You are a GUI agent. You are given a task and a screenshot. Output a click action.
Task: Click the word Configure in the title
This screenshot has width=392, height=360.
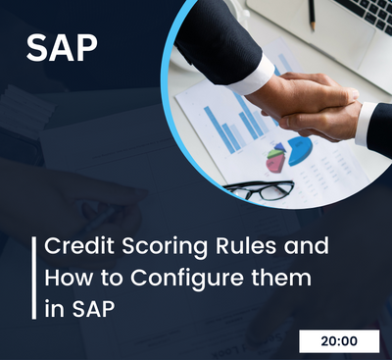[x=181, y=278]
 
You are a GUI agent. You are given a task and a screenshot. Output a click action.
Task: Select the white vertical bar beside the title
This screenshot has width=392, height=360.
[x=37, y=277]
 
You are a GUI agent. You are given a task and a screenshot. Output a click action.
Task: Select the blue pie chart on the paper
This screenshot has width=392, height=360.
[x=300, y=149]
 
